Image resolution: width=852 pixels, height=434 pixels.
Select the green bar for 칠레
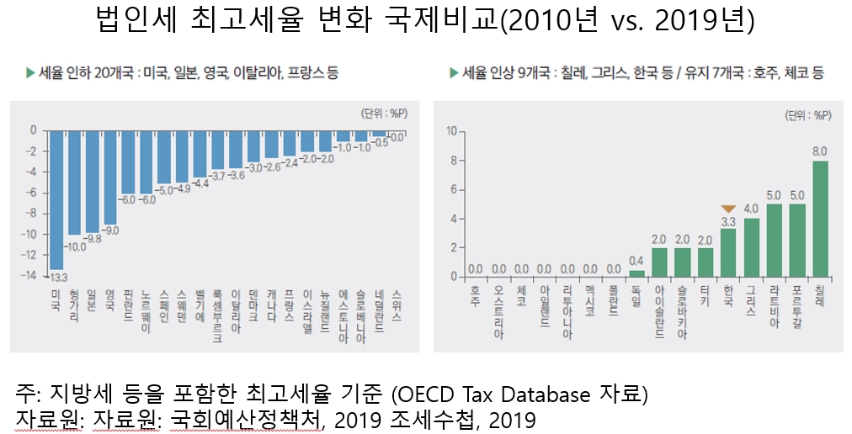pyautogui.click(x=820, y=219)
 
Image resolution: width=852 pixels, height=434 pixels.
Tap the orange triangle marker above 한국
pyautogui.click(x=729, y=209)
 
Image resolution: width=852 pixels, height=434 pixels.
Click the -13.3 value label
pyautogui.click(x=57, y=277)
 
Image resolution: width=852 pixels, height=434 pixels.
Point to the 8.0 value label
pyautogui.click(x=819, y=151)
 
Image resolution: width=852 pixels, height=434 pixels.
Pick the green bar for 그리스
pyautogui.click(x=752, y=247)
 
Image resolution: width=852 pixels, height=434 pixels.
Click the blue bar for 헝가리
pyautogui.click(x=75, y=183)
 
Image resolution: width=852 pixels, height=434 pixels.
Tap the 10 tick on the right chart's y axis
pyautogui.click(x=452, y=130)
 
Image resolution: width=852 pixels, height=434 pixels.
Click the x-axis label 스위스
pyautogui.click(x=397, y=306)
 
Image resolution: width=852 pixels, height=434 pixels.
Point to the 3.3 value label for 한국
pyautogui.click(x=729, y=221)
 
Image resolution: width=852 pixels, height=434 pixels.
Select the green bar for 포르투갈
pyautogui.click(x=796, y=241)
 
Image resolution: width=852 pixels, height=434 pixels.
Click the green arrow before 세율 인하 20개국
pyautogui.click(x=30, y=73)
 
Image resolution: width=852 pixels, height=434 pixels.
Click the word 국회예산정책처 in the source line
pyautogui.click(x=245, y=418)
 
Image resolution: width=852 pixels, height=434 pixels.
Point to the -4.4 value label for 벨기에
pyautogui.click(x=200, y=183)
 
